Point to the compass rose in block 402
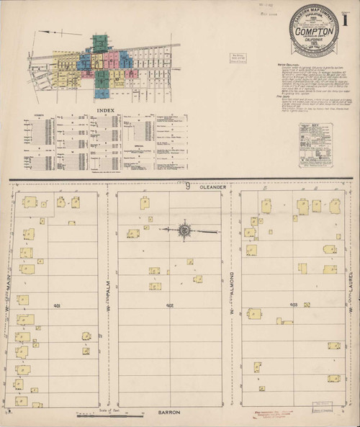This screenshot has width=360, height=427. click(184, 230)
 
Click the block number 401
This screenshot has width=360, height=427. click(56, 305)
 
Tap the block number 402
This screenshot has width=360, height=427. click(169, 305)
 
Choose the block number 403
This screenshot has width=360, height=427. click(293, 305)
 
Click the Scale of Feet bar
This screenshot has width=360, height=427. click(101, 415)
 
